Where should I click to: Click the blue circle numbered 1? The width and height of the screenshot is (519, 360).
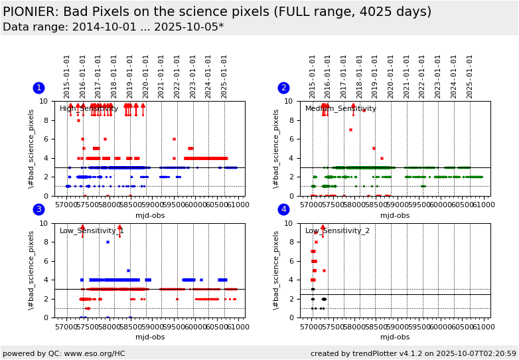[39, 88]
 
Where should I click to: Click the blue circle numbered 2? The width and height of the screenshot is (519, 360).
[284, 88]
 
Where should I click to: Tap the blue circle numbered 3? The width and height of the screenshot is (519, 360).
[39, 210]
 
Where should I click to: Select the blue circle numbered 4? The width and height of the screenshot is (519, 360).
[284, 210]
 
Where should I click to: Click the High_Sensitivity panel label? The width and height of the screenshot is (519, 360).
[89, 109]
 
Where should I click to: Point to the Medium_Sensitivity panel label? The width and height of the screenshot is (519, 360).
[340, 109]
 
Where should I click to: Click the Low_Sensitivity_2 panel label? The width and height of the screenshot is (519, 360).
[336, 231]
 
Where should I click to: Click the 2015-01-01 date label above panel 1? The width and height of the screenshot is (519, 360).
[67, 76]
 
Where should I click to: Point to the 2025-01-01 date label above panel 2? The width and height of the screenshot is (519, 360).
[470, 76]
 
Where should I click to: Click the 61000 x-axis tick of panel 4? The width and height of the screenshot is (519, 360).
[482, 327]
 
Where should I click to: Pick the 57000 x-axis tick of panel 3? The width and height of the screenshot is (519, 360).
[66, 327]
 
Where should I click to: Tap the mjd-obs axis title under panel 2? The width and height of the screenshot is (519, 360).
[395, 215]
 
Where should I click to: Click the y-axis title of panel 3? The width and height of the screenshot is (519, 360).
[31, 270]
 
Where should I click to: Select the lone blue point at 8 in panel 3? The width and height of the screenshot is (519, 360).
[108, 242]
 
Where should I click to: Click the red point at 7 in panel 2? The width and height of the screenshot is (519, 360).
[350, 130]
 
